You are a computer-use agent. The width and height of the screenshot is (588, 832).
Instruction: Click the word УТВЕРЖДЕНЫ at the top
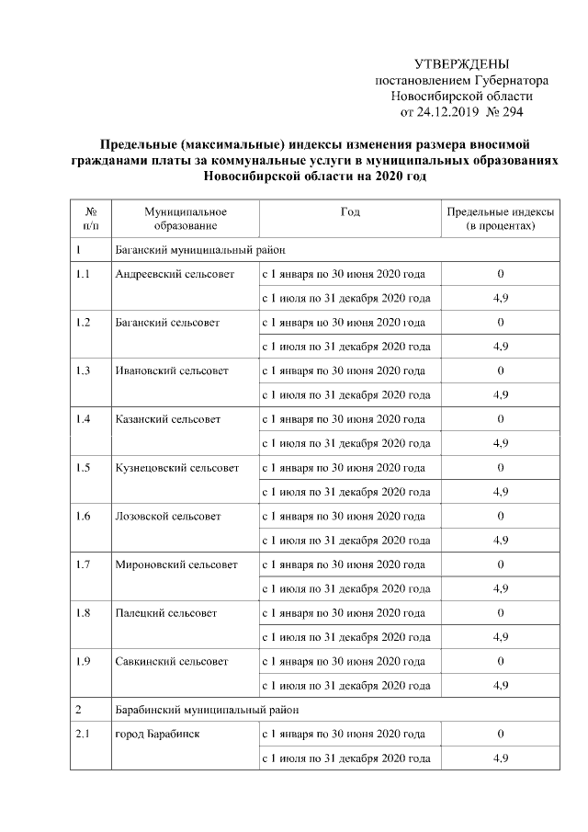[460, 64]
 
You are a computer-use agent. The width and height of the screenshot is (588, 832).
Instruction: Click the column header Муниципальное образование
[186, 218]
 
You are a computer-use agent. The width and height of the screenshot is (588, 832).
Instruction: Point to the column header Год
[350, 211]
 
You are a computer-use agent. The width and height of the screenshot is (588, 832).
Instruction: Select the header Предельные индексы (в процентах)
[501, 218]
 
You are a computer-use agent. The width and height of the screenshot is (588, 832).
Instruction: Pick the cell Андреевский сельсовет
[175, 274]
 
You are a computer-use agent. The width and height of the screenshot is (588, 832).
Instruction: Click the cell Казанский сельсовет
[168, 419]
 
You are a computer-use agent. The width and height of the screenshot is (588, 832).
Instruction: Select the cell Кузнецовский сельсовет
[177, 467]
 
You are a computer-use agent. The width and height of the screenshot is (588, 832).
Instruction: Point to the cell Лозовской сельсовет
[168, 516]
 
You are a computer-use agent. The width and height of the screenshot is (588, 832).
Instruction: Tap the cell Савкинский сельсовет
[173, 660]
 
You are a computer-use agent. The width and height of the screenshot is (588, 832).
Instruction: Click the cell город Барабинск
[157, 734]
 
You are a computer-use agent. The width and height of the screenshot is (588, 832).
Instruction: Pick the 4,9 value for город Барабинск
[501, 758]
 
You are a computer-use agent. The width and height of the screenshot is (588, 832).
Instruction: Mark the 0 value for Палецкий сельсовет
[501, 612]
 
